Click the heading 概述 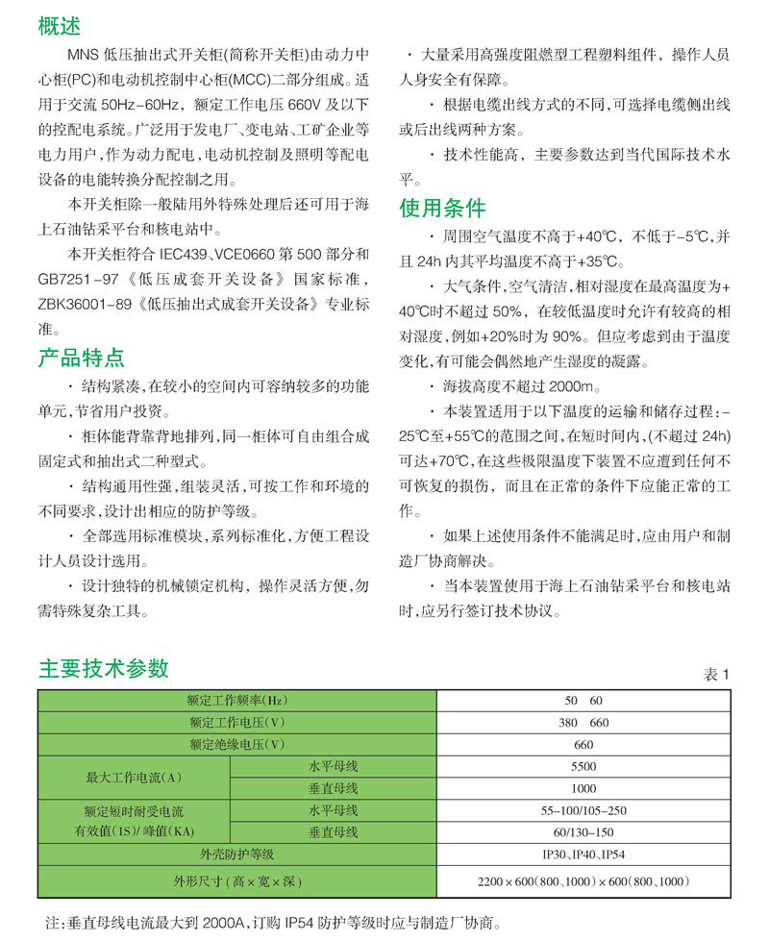tap(59, 25)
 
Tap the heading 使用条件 tap(442, 208)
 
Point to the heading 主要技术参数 tap(103, 668)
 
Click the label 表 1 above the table tap(717, 675)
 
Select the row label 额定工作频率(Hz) tap(237, 701)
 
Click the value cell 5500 tap(583, 766)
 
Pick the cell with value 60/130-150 tap(583, 831)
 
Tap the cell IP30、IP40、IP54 tap(583, 854)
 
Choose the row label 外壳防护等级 tap(237, 854)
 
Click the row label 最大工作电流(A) tap(135, 777)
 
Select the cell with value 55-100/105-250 tap(583, 810)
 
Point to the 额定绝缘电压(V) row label tap(237, 744)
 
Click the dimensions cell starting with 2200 tap(583, 880)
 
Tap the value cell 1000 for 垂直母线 tap(583, 788)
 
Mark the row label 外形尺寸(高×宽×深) tap(237, 880)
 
